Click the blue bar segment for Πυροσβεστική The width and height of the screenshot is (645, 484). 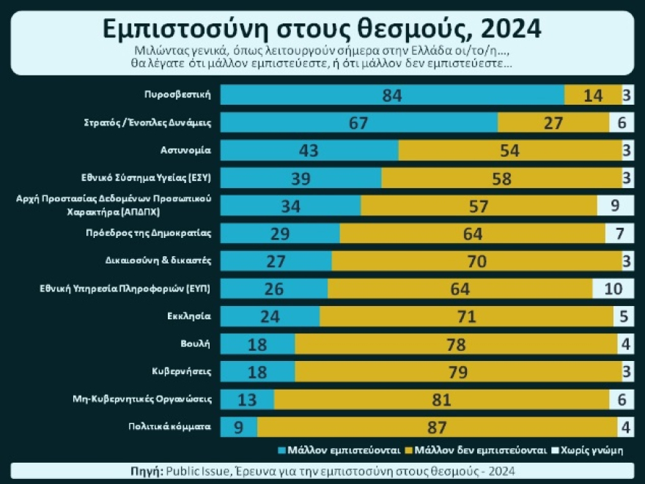point(392,95)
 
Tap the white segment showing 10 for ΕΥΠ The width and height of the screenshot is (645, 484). point(613,288)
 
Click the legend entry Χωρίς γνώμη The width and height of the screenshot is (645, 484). point(590,450)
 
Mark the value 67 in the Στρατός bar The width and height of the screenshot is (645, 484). point(358,123)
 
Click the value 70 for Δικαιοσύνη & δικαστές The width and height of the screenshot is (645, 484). point(477,261)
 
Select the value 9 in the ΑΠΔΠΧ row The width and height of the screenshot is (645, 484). point(616,206)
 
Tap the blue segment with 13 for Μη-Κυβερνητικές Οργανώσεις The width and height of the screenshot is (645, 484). point(247,399)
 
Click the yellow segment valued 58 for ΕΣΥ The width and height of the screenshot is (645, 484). point(501,178)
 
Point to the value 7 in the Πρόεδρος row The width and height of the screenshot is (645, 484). point(619,234)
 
